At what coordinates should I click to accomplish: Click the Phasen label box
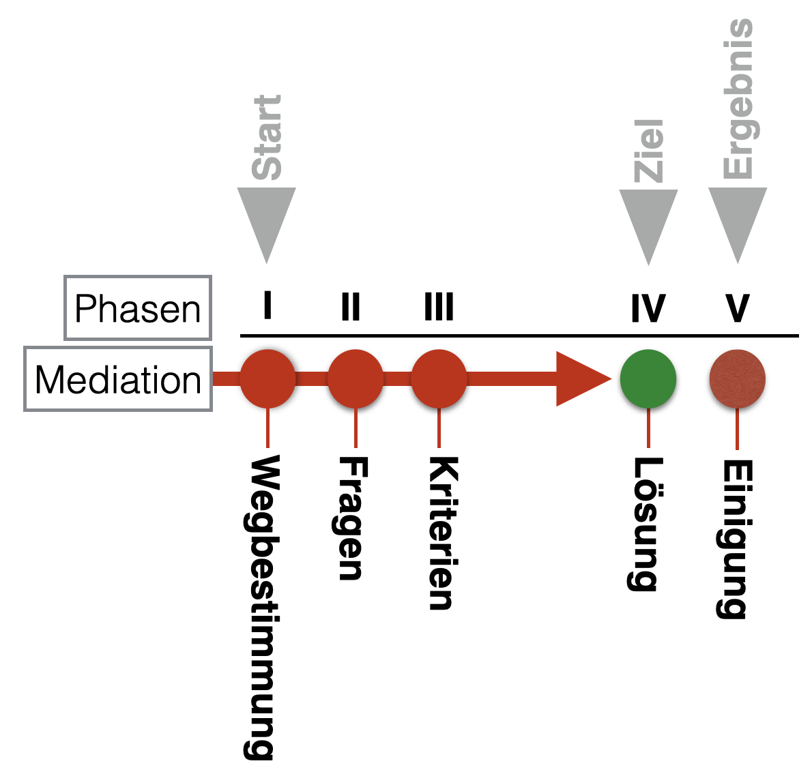coord(138,308)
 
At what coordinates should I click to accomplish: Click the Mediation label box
coord(118,379)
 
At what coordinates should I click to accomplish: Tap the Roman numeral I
coord(267,306)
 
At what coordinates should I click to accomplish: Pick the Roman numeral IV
coord(648,308)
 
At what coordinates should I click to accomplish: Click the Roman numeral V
coord(738,308)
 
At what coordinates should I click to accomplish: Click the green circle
coord(648,379)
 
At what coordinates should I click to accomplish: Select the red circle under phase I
coord(267,378)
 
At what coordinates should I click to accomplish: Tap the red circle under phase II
coord(356,378)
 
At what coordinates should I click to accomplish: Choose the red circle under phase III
coord(439,378)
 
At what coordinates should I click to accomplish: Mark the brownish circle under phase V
coord(737,379)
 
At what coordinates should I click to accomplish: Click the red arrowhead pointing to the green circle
coord(580,379)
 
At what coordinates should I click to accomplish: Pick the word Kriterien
coord(441,533)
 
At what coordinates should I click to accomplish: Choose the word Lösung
coord(643,524)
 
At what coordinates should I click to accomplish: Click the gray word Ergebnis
coord(738,99)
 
